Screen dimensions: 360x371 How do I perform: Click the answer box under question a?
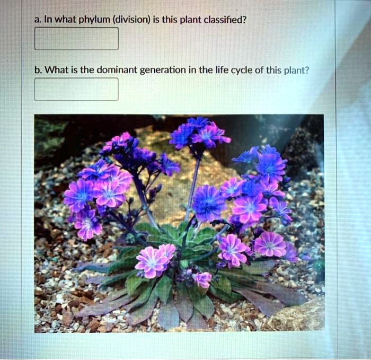pyautogui.click(x=76, y=38)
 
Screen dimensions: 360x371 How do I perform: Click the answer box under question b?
pyautogui.click(x=76, y=89)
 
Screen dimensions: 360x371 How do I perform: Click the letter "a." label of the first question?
pyautogui.click(x=38, y=20)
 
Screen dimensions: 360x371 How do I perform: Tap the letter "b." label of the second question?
pyautogui.click(x=38, y=70)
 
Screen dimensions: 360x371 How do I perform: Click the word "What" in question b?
pyautogui.click(x=55, y=70)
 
